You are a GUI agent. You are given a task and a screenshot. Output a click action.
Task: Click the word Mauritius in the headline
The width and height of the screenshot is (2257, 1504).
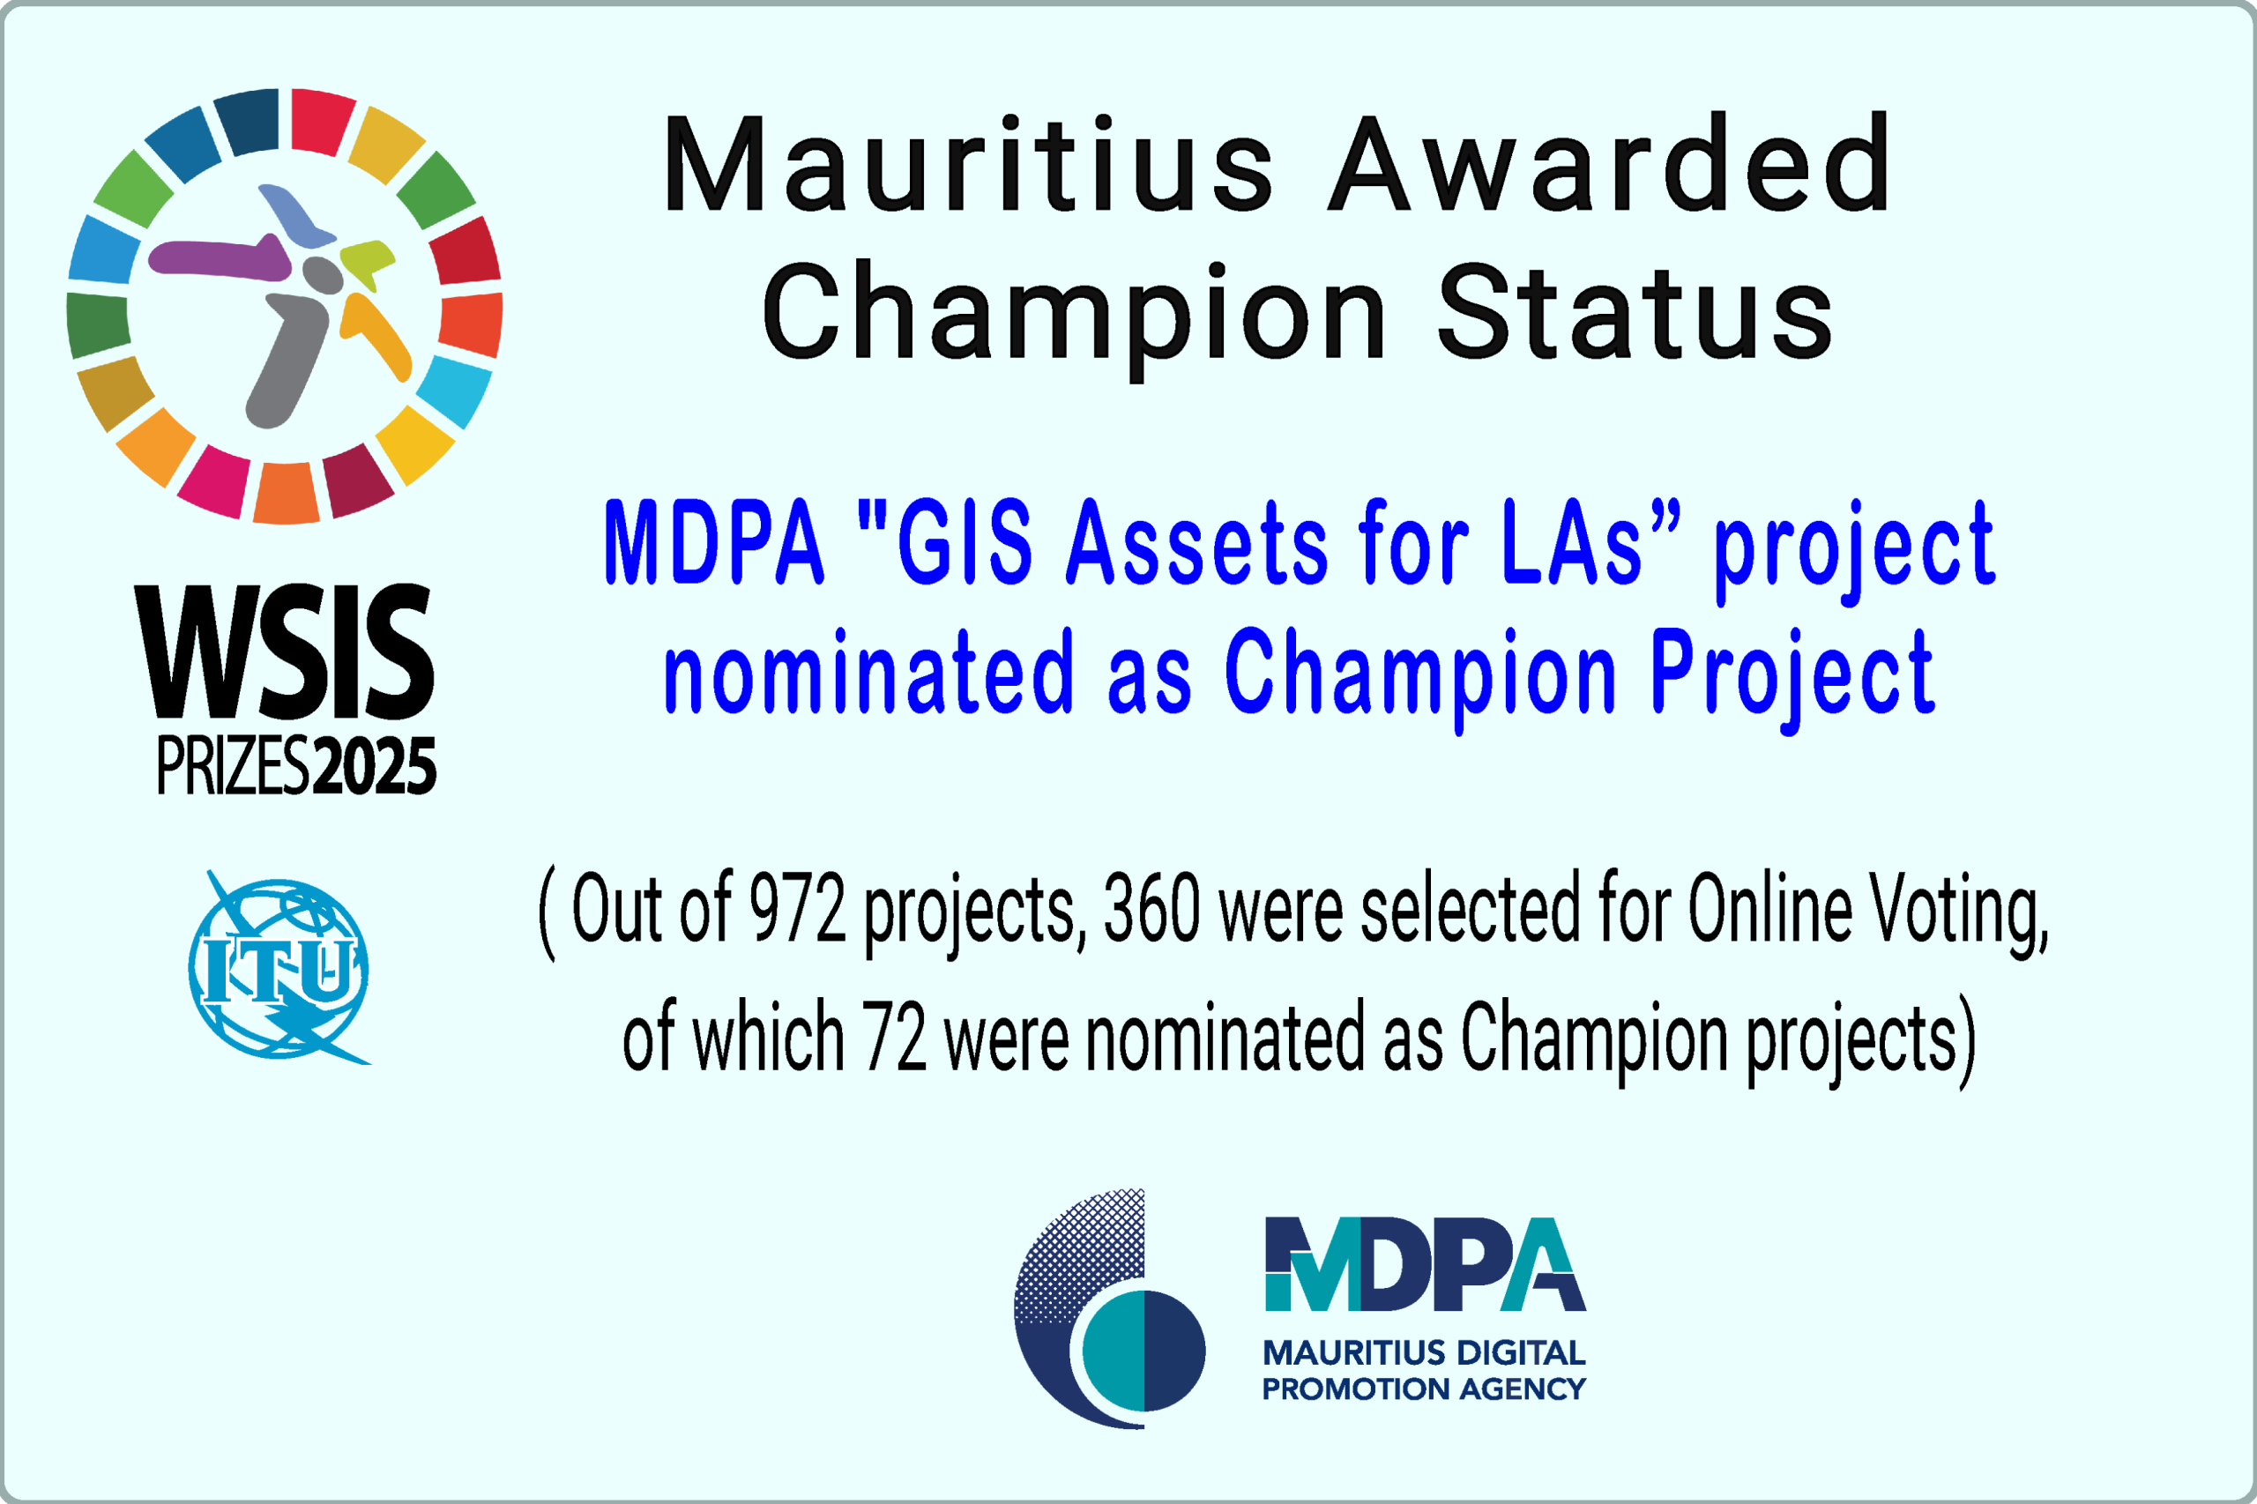[969, 163]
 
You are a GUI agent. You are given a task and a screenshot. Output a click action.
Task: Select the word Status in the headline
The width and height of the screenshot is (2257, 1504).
[1635, 309]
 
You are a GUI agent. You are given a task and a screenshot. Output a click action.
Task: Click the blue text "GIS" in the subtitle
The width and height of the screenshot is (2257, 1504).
[964, 542]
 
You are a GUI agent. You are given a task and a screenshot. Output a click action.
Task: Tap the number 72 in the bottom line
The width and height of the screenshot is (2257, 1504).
[894, 1036]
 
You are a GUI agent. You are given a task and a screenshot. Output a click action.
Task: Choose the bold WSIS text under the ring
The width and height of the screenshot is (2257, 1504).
[285, 652]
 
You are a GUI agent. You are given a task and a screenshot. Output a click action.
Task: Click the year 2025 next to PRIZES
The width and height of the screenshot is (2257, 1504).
[375, 766]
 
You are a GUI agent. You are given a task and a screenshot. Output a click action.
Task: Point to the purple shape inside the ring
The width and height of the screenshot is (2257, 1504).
[219, 257]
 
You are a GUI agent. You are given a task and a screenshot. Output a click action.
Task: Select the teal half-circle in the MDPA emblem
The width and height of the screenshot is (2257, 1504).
[1113, 1351]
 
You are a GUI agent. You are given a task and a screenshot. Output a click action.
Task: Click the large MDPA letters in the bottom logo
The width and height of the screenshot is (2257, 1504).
[1426, 1264]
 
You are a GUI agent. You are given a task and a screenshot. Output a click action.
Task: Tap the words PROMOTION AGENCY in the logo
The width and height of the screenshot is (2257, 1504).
[1424, 1389]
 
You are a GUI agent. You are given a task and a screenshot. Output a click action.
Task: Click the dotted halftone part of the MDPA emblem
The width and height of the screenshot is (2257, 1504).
[1079, 1256]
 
